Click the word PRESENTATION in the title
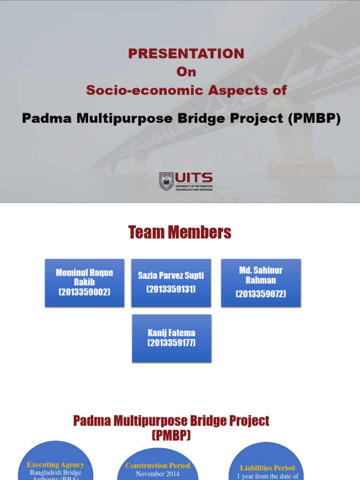[186, 53]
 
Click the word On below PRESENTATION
[186, 72]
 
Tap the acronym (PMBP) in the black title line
[314, 119]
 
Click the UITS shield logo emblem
[166, 181]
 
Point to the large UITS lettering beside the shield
[194, 178]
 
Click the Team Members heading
[180, 232]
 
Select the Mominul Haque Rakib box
[84, 283]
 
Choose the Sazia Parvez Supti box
[171, 283]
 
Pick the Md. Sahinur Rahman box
[261, 283]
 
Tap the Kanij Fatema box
[172, 338]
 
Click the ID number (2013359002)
[84, 292]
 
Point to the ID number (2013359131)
[171, 289]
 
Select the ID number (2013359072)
[261, 294]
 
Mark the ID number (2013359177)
[172, 343]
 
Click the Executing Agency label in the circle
[55, 465]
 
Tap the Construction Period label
[157, 465]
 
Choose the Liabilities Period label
[268, 468]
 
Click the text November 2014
[157, 474]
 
